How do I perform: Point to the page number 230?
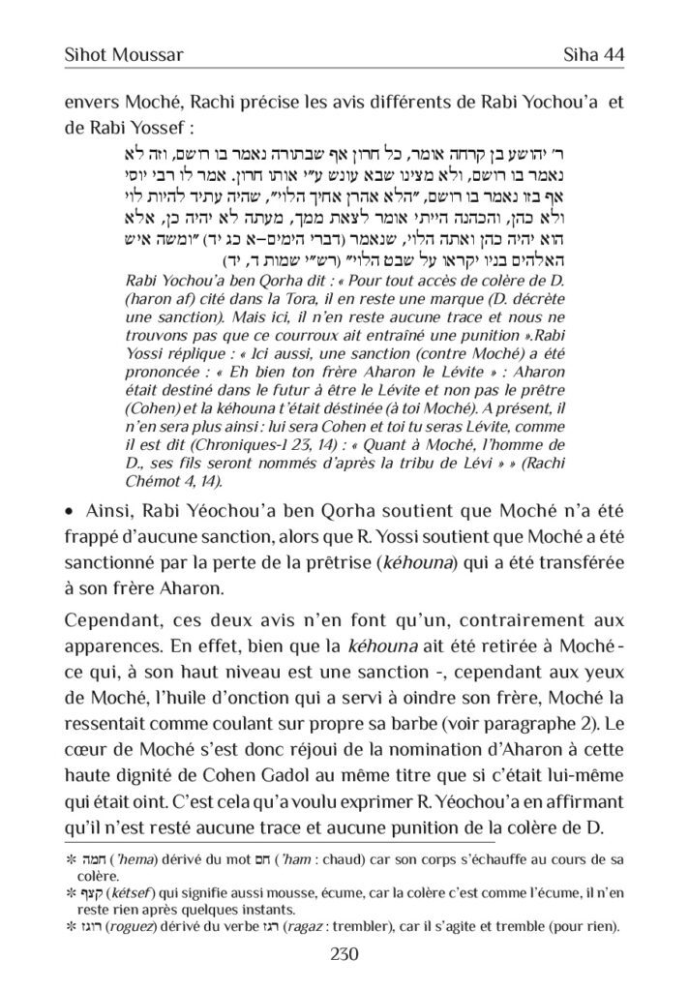(x=344, y=954)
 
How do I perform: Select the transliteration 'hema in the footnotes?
(x=123, y=858)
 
